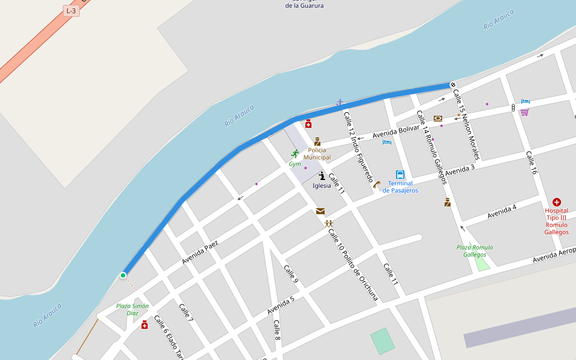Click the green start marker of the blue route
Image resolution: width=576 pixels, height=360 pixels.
123,275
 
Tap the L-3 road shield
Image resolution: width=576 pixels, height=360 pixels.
71,11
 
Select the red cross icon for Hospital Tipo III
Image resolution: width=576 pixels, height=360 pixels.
557,202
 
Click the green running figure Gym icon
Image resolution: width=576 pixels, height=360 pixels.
295,154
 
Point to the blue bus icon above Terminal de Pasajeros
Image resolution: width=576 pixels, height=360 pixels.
400,175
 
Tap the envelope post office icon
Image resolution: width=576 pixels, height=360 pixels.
320,211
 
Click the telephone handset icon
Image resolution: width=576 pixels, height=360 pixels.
376,185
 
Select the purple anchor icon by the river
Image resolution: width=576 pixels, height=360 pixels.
340,103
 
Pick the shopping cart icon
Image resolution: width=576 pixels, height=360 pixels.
524,112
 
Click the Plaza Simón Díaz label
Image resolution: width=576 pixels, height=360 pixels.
132,309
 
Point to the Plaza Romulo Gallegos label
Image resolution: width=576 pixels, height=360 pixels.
474,251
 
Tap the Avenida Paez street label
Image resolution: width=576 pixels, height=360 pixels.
200,253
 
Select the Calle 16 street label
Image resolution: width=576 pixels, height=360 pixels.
532,163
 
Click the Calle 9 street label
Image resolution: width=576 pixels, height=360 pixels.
290,274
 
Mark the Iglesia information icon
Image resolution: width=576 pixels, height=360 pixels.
322,176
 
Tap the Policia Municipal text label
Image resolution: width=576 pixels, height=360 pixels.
317,154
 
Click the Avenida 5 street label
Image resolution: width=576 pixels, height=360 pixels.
281,305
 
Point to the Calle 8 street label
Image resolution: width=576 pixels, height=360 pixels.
277,331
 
